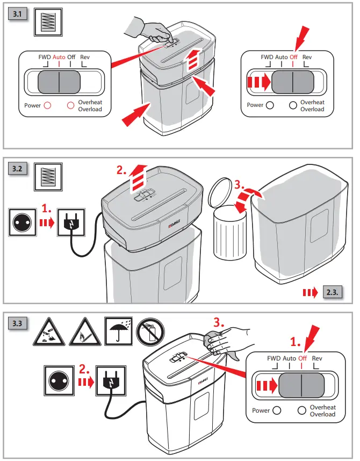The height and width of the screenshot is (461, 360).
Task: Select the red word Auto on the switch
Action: coord(59,56)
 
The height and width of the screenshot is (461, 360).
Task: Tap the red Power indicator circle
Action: coord(47,105)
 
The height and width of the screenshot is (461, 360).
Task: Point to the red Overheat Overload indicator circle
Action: coord(70,105)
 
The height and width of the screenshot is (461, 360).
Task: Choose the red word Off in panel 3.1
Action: coord(293,56)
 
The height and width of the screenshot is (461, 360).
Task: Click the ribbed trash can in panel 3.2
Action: coord(229,234)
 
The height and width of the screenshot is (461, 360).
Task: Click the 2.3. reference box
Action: coord(332,292)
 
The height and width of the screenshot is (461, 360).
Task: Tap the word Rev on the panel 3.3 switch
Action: coord(317,358)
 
